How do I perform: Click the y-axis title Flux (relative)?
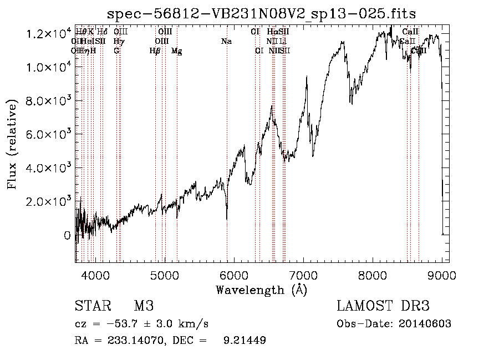[x=12, y=143]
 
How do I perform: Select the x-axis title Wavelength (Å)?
[x=261, y=290]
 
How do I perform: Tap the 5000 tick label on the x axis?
[x=165, y=275]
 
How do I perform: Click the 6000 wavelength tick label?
[x=234, y=275]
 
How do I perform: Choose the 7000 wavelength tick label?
[x=303, y=275]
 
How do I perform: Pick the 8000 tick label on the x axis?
[x=373, y=275]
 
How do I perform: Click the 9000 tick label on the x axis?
[x=442, y=275]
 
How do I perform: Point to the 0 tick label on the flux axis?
[x=67, y=235]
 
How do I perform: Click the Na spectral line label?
[x=226, y=42]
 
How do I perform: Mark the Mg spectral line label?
[x=176, y=51]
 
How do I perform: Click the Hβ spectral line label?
[x=155, y=51]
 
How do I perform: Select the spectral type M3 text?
[x=144, y=306]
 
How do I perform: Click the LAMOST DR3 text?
[x=383, y=306]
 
